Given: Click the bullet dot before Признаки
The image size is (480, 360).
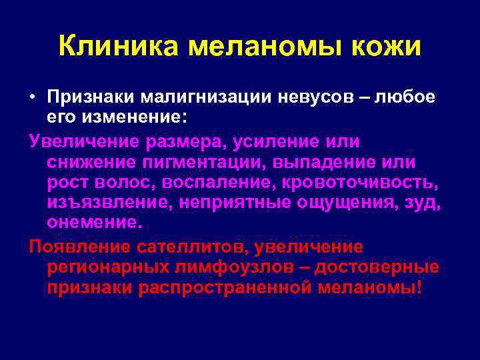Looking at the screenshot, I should click(33, 97).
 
